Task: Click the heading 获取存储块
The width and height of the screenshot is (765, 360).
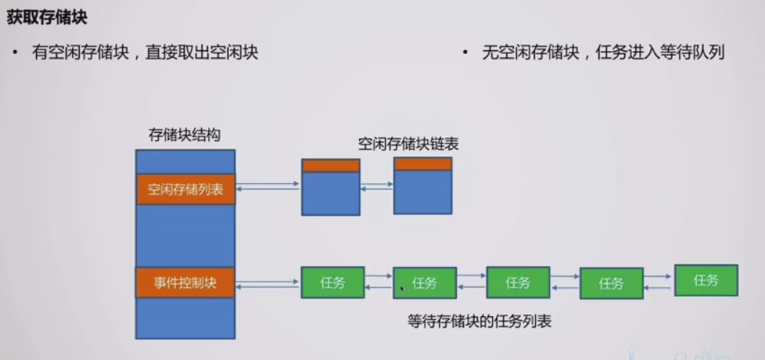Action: coord(47,18)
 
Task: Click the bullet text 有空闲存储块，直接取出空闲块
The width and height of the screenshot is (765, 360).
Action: coord(145,52)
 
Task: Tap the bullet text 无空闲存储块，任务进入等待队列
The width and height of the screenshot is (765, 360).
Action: coord(603,52)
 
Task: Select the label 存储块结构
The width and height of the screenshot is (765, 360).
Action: coord(184,135)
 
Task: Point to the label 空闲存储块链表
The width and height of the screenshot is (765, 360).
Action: coord(408,144)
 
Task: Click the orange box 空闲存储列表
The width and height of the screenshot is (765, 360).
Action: coord(185,190)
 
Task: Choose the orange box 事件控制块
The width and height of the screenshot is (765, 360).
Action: coord(185,282)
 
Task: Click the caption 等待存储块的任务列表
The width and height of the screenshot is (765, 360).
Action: coord(479,321)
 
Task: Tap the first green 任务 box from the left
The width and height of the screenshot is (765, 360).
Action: coord(332,282)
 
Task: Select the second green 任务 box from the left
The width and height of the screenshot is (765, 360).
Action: coord(425,283)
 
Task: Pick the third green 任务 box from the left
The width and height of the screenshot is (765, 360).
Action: coord(518,282)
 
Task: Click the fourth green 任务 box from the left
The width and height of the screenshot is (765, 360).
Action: coord(611,284)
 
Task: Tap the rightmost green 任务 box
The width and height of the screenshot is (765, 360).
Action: coord(706,280)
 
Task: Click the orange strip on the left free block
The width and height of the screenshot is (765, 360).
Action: coord(330,165)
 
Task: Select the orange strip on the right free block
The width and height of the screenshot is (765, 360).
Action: coord(423,164)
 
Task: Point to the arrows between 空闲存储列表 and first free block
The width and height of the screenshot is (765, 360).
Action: coord(268,186)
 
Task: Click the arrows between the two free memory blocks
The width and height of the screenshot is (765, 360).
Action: coord(376,186)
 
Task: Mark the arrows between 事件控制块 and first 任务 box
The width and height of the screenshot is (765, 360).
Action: coord(268,282)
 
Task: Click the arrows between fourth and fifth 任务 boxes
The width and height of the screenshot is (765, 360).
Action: coord(658,282)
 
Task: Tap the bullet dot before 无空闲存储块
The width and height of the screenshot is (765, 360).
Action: coord(465,52)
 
